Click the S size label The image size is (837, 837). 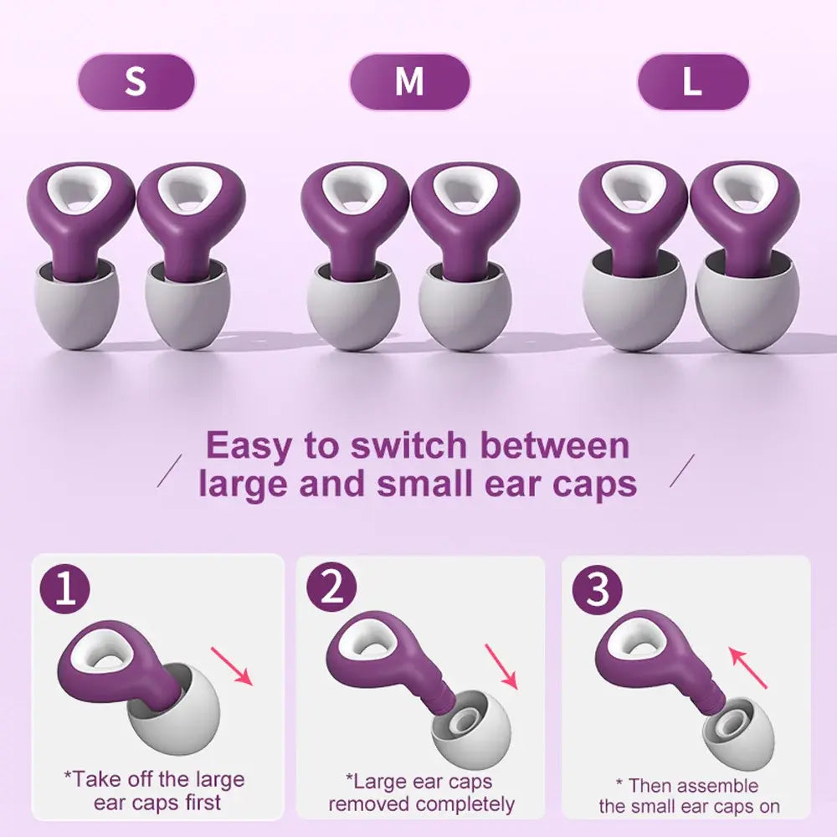point(136,82)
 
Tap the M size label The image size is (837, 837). point(409,82)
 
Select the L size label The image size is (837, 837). point(692,82)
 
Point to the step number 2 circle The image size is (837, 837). point(332,590)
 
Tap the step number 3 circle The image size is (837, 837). point(598,590)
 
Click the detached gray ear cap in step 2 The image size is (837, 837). point(470,727)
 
